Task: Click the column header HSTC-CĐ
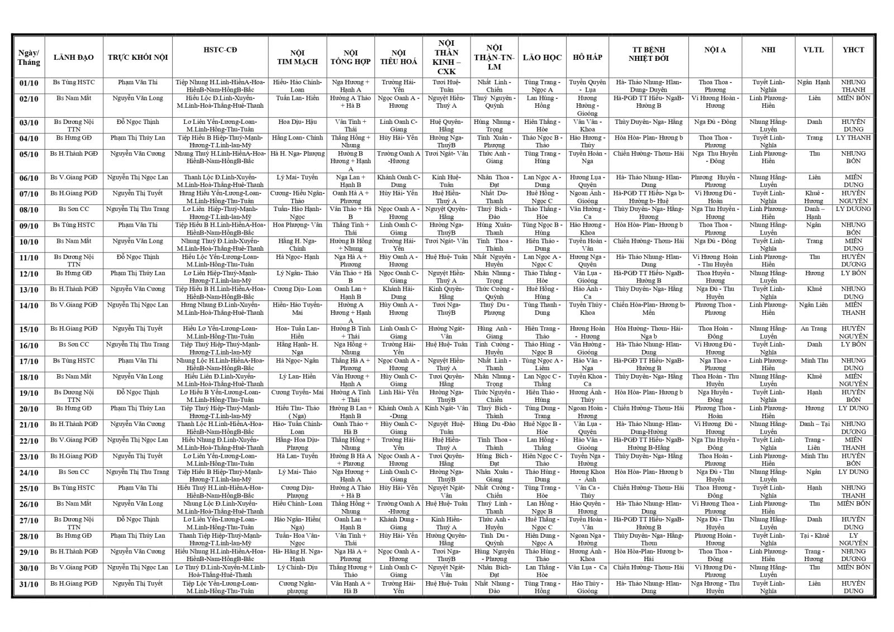click(220, 50)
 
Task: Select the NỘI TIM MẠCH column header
click(297, 57)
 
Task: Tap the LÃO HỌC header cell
click(542, 57)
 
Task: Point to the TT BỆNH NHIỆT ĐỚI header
click(648, 54)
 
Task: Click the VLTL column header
click(814, 50)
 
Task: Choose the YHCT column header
click(853, 50)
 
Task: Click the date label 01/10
click(28, 83)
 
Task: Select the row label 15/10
click(28, 330)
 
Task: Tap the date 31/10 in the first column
click(28, 585)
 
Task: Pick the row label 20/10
click(28, 409)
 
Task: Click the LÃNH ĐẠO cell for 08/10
click(74, 209)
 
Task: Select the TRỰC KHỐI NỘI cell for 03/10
click(137, 122)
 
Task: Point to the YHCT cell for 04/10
click(853, 138)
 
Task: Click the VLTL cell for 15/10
click(814, 329)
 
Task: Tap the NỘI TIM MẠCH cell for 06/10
click(297, 178)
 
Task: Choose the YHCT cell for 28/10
click(853, 539)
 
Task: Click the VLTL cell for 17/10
click(814, 361)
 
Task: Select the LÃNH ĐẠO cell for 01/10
click(74, 82)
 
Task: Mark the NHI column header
click(768, 50)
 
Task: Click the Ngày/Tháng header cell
click(28, 57)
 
